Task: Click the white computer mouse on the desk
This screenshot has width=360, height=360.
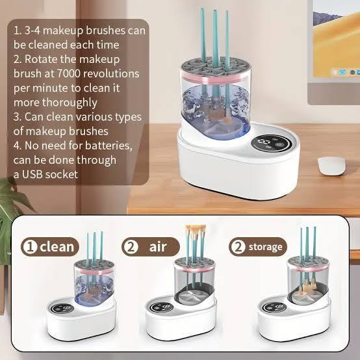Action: [x=331, y=166]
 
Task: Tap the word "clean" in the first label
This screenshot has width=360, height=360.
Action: [x=57, y=246]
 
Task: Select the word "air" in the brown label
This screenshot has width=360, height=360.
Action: [x=158, y=246]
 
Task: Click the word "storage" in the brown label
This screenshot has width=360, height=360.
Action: [x=265, y=247]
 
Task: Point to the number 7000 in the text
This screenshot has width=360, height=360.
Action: [x=69, y=73]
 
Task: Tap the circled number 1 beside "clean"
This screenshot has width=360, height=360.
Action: [x=30, y=247]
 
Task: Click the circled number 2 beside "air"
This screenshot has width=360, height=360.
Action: [x=130, y=247]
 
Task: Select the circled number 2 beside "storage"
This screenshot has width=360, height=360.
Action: [x=238, y=247]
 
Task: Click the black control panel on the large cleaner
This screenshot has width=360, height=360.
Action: [x=272, y=144]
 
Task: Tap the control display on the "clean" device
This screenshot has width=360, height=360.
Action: [x=62, y=309]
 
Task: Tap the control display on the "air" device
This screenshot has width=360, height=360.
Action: [x=161, y=307]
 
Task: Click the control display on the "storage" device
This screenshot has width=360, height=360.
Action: [x=274, y=307]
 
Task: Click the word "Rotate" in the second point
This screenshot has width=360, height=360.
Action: [x=41, y=59]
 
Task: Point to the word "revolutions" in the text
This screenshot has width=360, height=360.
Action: [x=111, y=73]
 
